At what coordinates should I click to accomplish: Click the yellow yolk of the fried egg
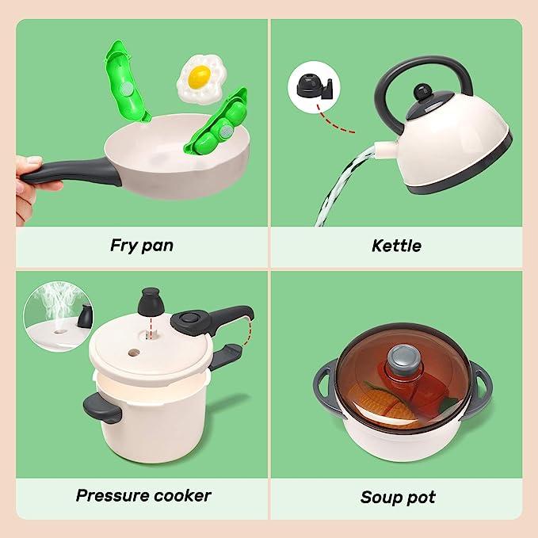(199, 76)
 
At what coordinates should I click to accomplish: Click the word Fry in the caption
(123, 246)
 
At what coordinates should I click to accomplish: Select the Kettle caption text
(397, 246)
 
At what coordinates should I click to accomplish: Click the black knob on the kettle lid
(422, 92)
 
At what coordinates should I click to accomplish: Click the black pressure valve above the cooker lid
(150, 302)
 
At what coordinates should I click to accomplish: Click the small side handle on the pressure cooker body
(102, 407)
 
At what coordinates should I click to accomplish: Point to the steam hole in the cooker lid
(134, 353)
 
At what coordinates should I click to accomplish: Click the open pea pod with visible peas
(217, 123)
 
